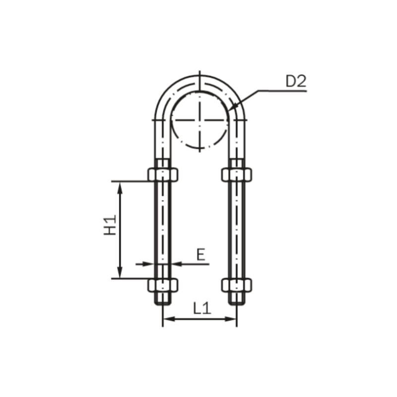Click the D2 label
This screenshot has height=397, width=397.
[x=296, y=81]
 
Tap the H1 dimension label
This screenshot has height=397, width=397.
[x=110, y=225]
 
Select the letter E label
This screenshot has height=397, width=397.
[x=201, y=255]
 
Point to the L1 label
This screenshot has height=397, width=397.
[x=202, y=308]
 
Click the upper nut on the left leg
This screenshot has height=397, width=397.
[x=163, y=175]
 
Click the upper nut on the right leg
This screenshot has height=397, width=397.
[x=237, y=175]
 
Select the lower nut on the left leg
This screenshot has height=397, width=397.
[x=163, y=285]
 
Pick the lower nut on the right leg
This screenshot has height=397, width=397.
[x=237, y=285]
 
